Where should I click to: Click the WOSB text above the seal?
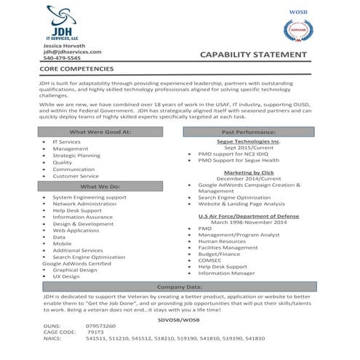click(x=298, y=12)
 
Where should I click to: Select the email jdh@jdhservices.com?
click(x=72, y=52)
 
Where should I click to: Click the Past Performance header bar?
click(x=249, y=132)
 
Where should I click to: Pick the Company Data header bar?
click(x=179, y=287)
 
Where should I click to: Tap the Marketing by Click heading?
click(x=248, y=172)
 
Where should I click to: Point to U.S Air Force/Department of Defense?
click(x=248, y=217)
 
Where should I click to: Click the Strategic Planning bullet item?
click(x=76, y=156)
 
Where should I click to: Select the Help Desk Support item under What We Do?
click(x=77, y=210)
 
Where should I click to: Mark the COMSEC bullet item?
click(x=209, y=260)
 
